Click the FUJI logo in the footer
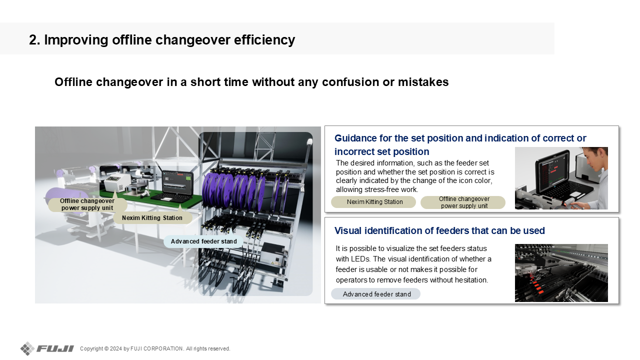[x=47, y=348]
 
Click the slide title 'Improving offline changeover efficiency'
[x=169, y=39]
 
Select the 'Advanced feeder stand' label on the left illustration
[x=203, y=241]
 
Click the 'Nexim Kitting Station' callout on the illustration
[x=152, y=217]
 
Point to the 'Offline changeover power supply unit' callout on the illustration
[x=87, y=204]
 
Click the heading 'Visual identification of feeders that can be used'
[x=439, y=230]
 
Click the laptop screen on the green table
[x=177, y=183]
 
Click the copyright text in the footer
[x=155, y=348]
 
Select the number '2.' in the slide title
[x=34, y=39]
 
